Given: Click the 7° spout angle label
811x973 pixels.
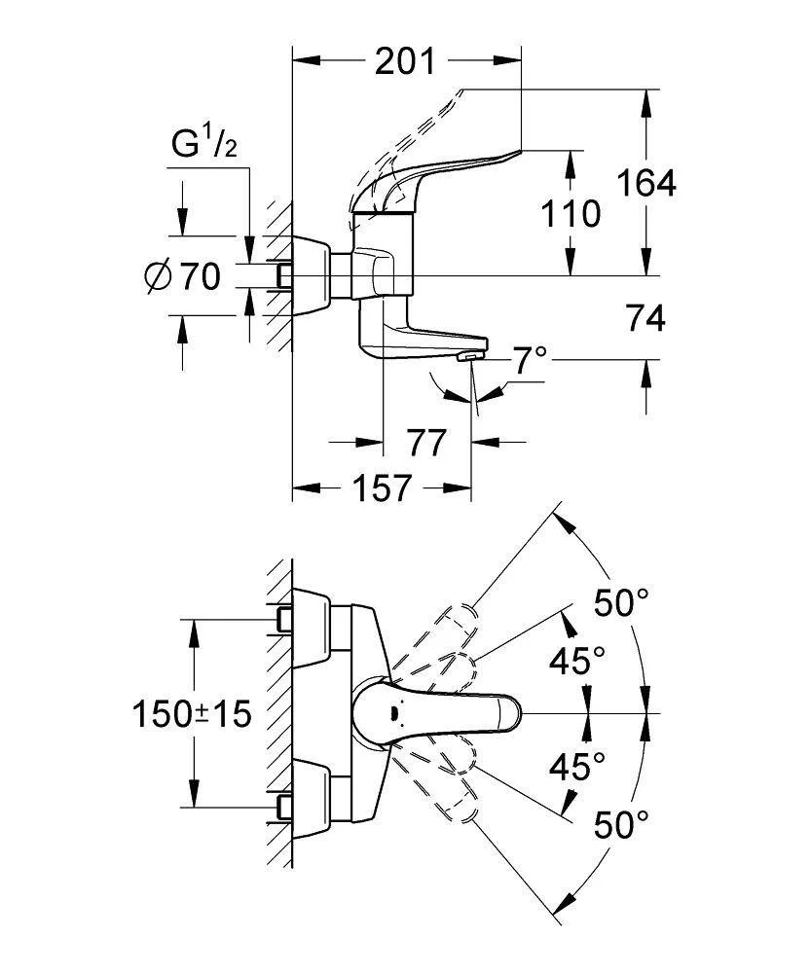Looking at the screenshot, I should pos(531,362).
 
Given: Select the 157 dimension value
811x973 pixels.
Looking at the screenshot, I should pos(380,487).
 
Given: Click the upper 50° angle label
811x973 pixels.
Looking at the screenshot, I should pos(620,604).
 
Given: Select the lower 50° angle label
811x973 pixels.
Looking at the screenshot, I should pos(620,826).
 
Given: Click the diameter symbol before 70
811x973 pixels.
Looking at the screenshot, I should pos(158,277).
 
